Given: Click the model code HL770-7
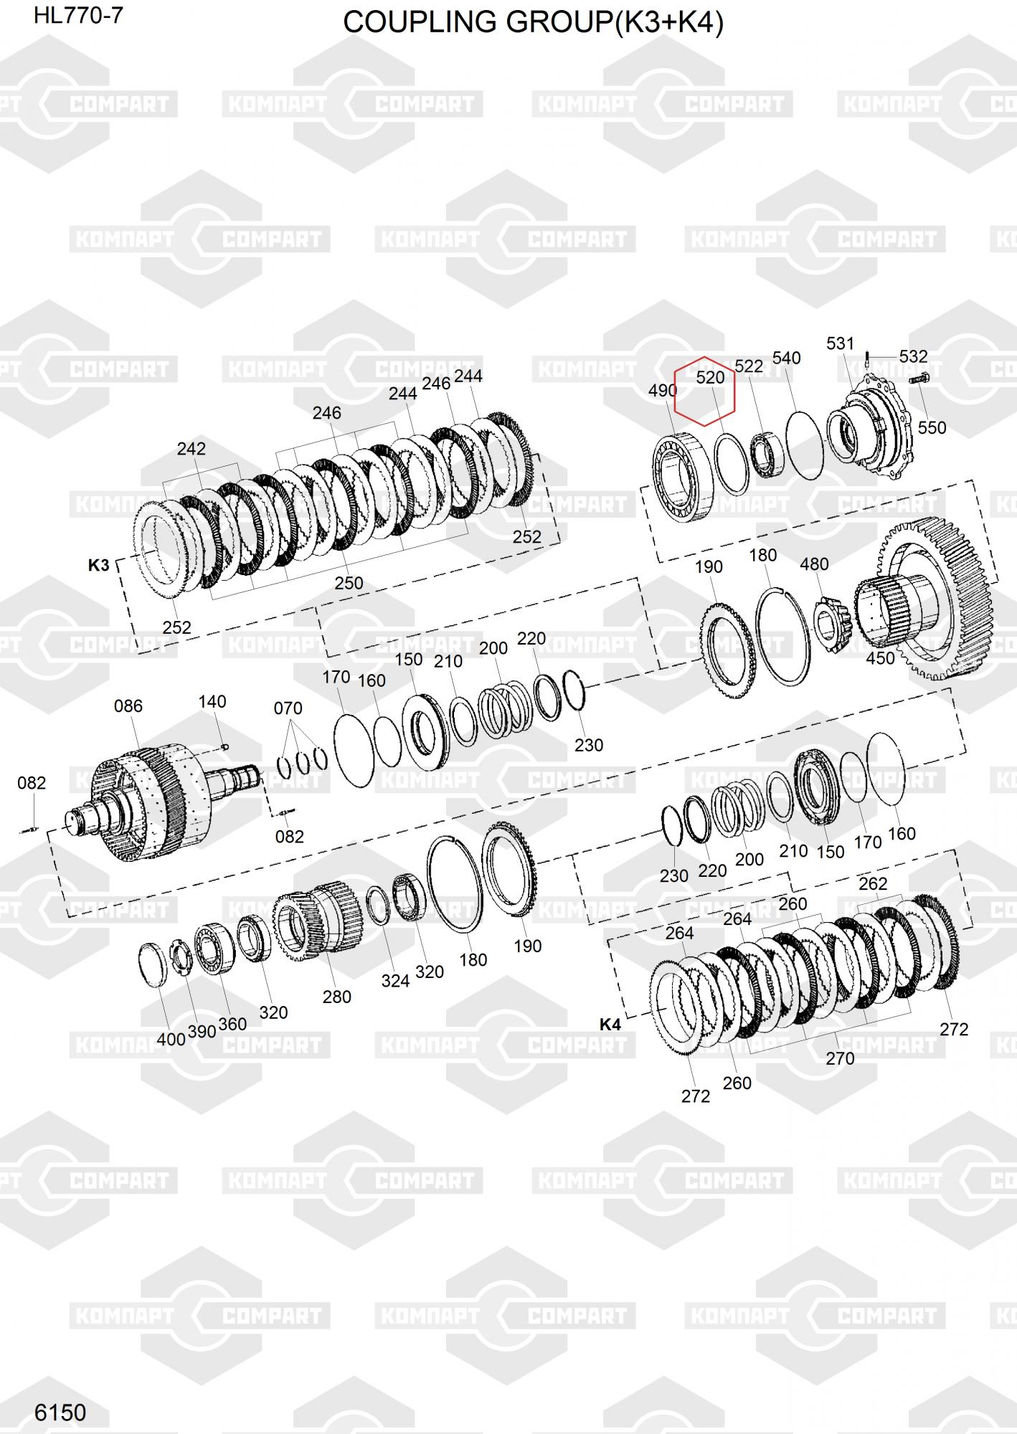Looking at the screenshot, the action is pyautogui.click(x=78, y=16).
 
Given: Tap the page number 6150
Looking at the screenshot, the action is pyautogui.click(x=60, y=1412).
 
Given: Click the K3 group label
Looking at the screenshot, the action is pyautogui.click(x=98, y=565).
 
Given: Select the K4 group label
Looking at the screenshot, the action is pyautogui.click(x=610, y=1025).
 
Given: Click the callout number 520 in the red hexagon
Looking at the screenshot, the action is pyautogui.click(x=710, y=377).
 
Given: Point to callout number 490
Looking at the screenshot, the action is pyautogui.click(x=663, y=391).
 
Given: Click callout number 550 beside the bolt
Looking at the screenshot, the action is pyautogui.click(x=932, y=427).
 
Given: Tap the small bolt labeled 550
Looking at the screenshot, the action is pyautogui.click(x=919, y=379).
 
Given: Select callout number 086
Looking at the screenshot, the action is pyautogui.click(x=128, y=706).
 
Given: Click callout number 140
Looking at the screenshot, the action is pyautogui.click(x=212, y=702).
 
